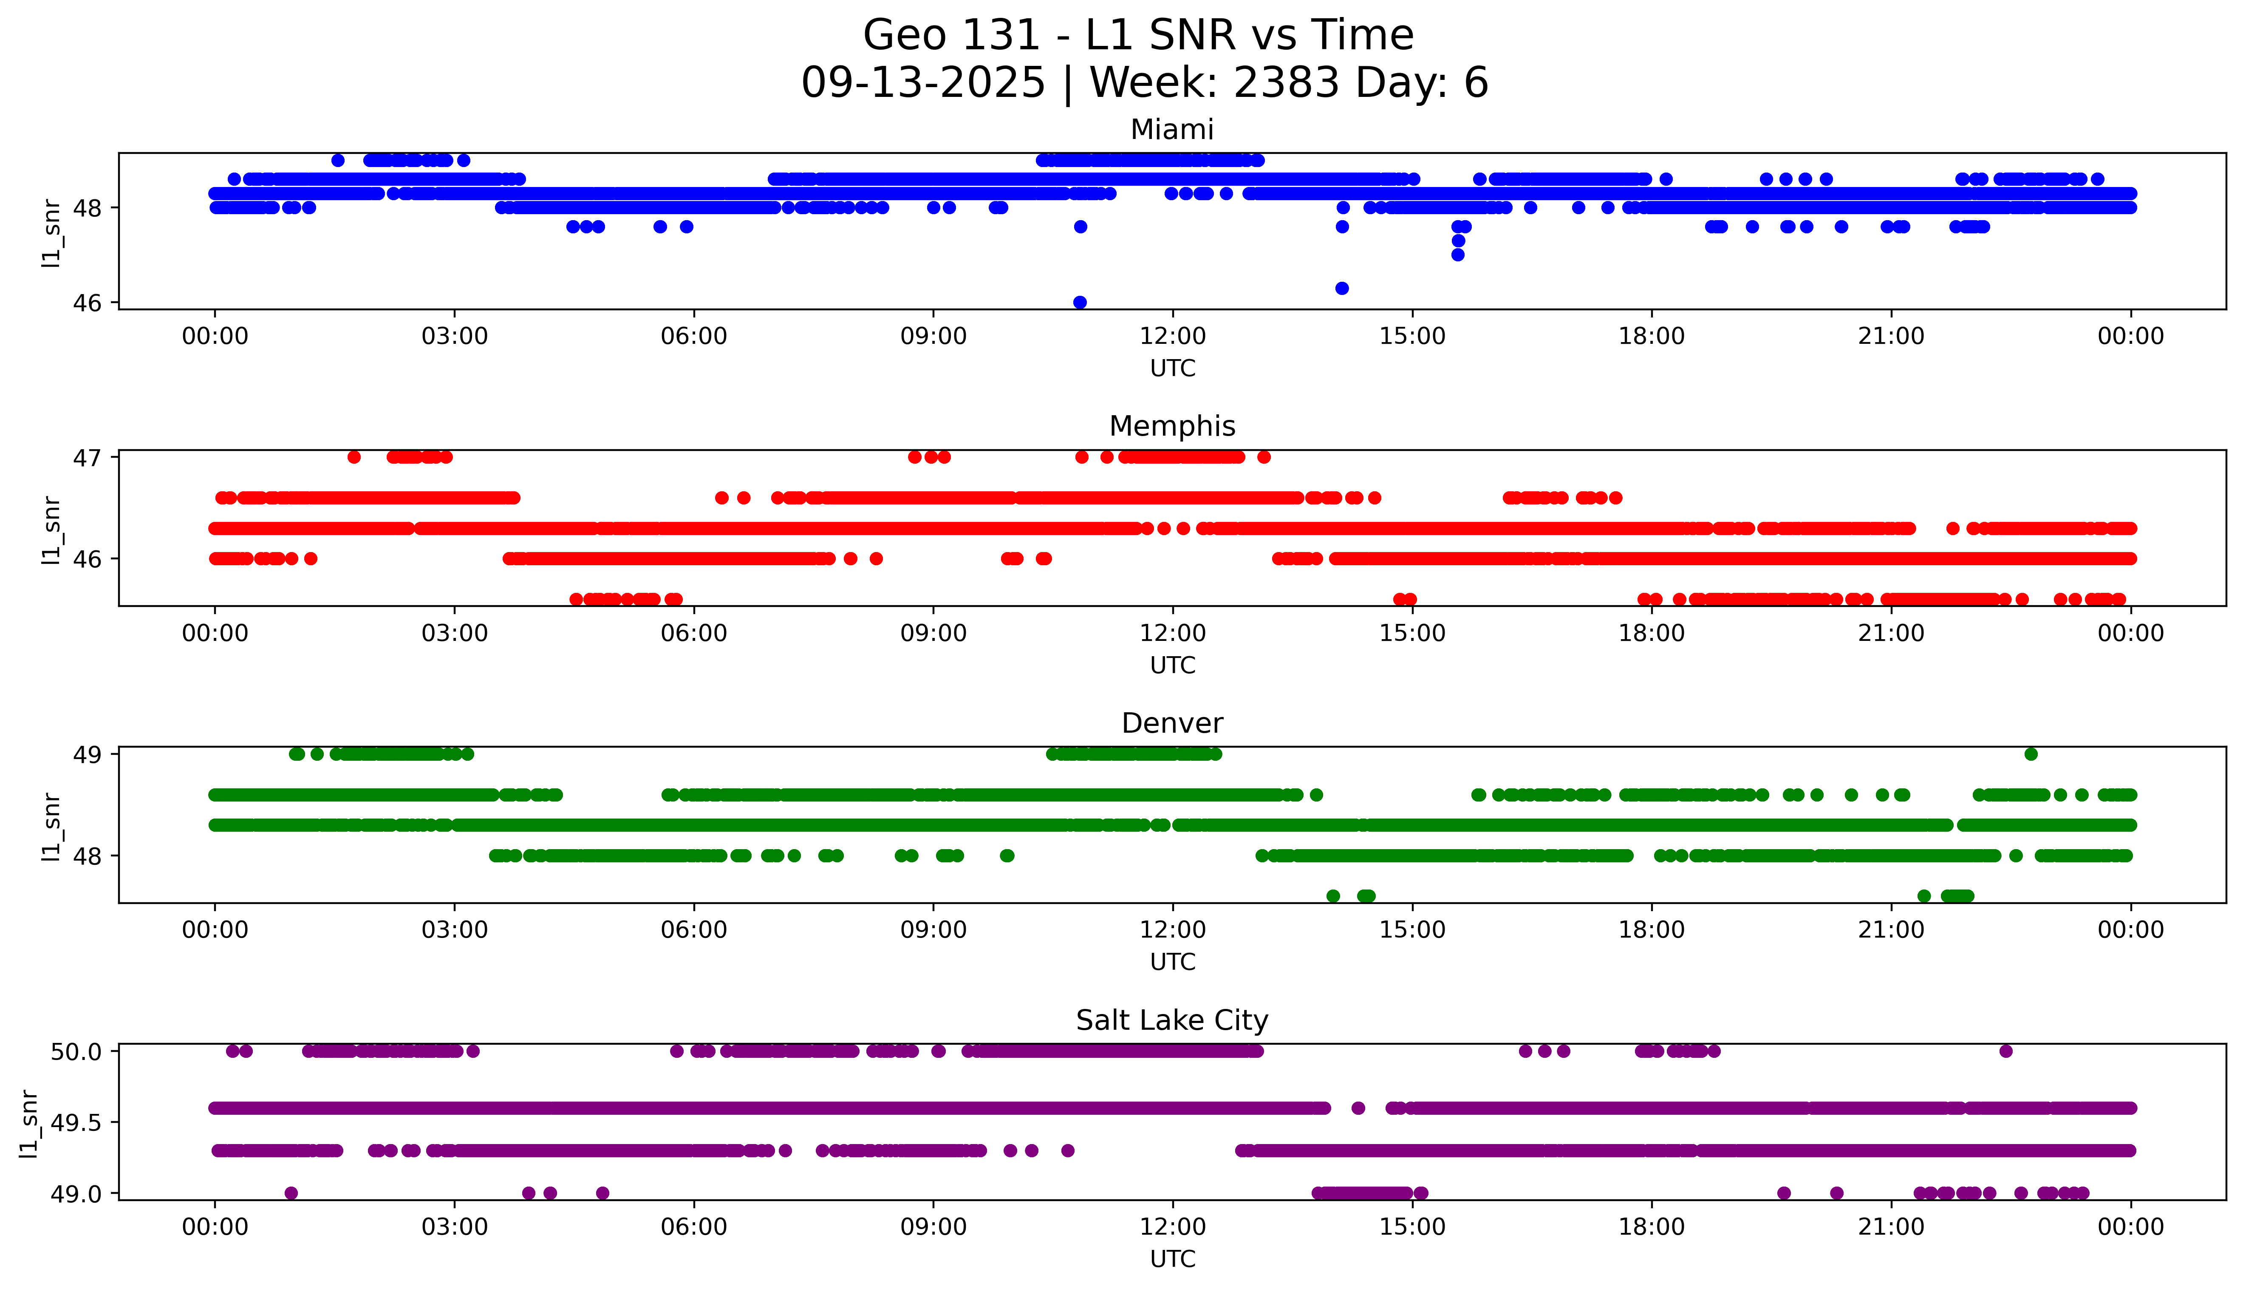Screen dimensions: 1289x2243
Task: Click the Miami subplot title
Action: tap(1171, 130)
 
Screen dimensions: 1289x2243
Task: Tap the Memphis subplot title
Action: tap(1171, 427)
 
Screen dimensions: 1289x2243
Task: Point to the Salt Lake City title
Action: tap(1171, 1021)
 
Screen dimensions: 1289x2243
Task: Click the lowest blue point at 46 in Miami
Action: tap(1080, 302)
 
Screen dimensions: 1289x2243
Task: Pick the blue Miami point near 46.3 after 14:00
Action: tap(1341, 288)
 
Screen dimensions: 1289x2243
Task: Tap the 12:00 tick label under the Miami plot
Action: tap(1172, 337)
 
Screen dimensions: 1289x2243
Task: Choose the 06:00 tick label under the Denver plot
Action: tap(694, 930)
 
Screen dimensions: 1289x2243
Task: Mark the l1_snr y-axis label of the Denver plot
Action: tap(51, 826)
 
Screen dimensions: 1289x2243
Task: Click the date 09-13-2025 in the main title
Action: tap(923, 83)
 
